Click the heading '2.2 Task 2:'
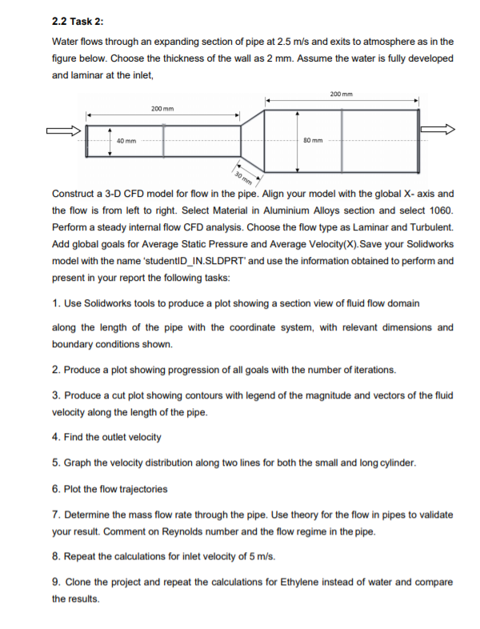(78, 20)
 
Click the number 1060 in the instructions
(442, 210)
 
